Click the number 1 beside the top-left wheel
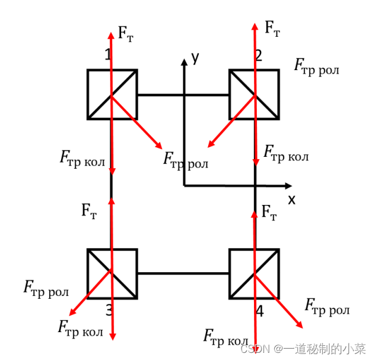coord(107,55)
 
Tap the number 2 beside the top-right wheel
coord(258,56)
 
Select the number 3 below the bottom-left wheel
coord(109,310)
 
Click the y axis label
coord(195,57)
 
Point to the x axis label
coord(291,200)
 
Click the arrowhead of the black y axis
coord(185,62)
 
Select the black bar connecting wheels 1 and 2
coord(183,94)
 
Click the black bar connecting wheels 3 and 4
coord(183,273)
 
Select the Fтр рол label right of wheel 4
coord(326,307)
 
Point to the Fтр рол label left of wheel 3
coord(46,289)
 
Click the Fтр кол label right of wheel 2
coord(286,154)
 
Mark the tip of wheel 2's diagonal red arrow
coord(208,146)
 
